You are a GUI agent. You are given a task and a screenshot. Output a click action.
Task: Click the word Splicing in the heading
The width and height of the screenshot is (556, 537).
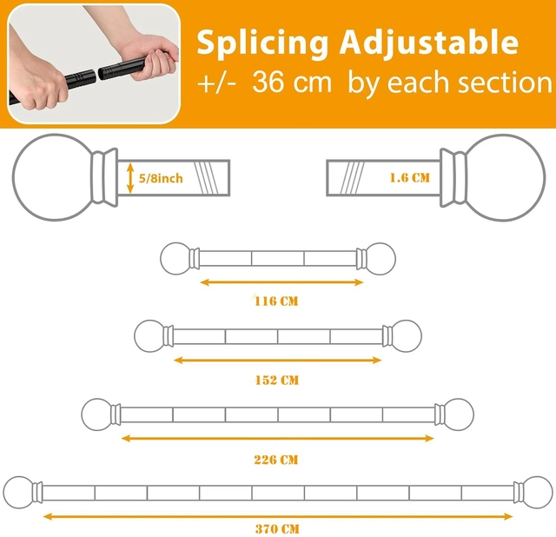click(x=262, y=44)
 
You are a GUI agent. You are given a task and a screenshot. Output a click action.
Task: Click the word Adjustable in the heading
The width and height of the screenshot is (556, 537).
click(x=428, y=44)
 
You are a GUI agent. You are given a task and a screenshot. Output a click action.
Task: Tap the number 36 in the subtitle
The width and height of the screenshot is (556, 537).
click(x=268, y=83)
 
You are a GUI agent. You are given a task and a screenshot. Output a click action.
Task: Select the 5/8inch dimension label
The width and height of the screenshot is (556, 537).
click(x=161, y=178)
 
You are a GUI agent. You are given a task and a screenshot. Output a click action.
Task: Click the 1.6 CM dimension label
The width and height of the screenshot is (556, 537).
click(x=410, y=178)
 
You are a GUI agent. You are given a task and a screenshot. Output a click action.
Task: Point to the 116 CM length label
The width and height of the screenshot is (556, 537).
click(x=276, y=302)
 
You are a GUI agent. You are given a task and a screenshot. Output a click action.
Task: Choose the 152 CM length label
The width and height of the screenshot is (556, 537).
click(x=277, y=381)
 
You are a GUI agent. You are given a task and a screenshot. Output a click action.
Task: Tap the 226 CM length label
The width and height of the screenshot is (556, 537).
click(x=276, y=460)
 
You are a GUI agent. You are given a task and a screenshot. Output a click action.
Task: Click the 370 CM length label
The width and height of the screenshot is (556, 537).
click(x=277, y=529)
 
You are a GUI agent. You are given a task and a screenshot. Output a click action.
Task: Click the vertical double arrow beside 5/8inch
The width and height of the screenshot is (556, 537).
click(x=130, y=178)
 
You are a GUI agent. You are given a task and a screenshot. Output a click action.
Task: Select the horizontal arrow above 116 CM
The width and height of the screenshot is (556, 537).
click(x=281, y=282)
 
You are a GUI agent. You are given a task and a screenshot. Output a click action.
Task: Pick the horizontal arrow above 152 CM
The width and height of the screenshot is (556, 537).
click(x=278, y=361)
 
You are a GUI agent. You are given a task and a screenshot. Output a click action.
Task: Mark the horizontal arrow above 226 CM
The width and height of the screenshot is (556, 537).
click(x=278, y=439)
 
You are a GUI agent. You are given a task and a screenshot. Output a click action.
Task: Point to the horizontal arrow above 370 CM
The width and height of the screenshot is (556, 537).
click(x=278, y=516)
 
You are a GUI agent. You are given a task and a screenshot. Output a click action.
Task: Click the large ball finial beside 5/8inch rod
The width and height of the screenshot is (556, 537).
click(x=53, y=177)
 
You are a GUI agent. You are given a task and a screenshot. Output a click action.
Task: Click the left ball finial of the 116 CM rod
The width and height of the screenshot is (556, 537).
click(x=175, y=259)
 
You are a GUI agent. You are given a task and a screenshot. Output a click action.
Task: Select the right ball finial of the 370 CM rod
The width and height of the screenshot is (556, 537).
click(x=538, y=493)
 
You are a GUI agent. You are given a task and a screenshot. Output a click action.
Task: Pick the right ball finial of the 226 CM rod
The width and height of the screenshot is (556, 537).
click(x=458, y=414)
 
